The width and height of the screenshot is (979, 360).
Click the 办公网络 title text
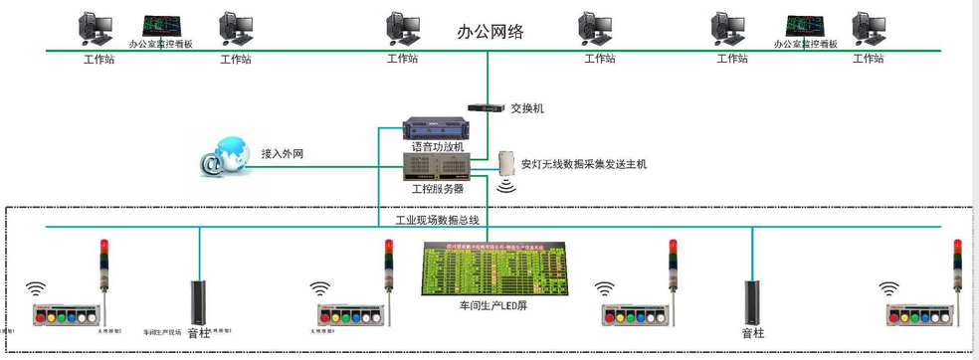(x=489, y=31)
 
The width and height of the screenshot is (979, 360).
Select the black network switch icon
(x=488, y=107)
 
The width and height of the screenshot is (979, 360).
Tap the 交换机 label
(x=527, y=108)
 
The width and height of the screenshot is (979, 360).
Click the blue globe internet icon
(x=223, y=158)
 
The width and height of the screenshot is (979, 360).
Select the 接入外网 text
(x=282, y=154)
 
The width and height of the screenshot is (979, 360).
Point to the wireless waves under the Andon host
(x=506, y=185)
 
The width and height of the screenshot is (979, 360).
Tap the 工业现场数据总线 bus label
(x=438, y=220)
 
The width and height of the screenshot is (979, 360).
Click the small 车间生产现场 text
(x=162, y=332)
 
